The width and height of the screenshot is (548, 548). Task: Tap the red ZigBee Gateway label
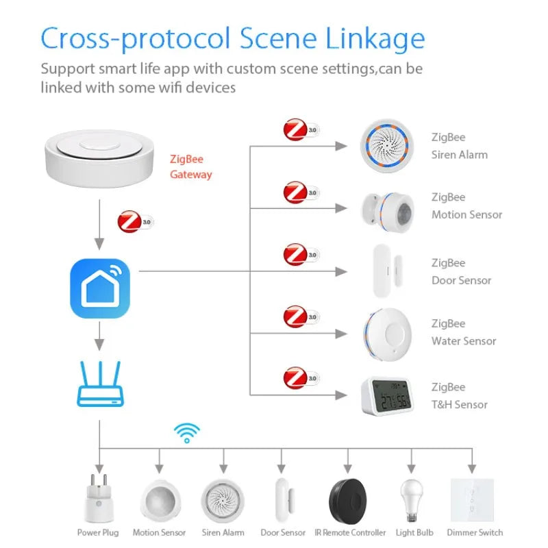coord(190,167)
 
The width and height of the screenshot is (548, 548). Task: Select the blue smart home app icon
coord(100,288)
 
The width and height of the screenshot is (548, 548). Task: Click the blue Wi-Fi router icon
coord(100,386)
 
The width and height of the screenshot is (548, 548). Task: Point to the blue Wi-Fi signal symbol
coord(186,433)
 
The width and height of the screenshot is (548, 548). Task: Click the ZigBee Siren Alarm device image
coord(385,146)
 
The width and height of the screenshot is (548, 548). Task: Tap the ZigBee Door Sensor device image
coord(380,271)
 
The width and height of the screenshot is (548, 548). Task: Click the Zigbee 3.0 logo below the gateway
coord(135,222)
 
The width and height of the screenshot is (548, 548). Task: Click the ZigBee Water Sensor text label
coord(463,332)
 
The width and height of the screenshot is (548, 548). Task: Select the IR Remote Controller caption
coord(350,532)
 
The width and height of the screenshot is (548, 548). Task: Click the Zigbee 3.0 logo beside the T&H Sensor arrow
coord(301,378)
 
